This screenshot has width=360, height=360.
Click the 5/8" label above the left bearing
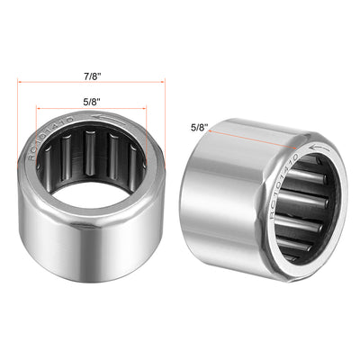(x=89, y=102)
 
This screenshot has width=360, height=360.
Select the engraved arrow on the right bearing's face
(x=317, y=144)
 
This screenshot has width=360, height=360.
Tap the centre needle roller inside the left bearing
(x=92, y=162)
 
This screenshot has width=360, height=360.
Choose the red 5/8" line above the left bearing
(x=91, y=112)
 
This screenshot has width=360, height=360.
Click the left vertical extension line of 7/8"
(x=16, y=108)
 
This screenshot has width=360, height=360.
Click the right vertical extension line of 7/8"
(x=166, y=108)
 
